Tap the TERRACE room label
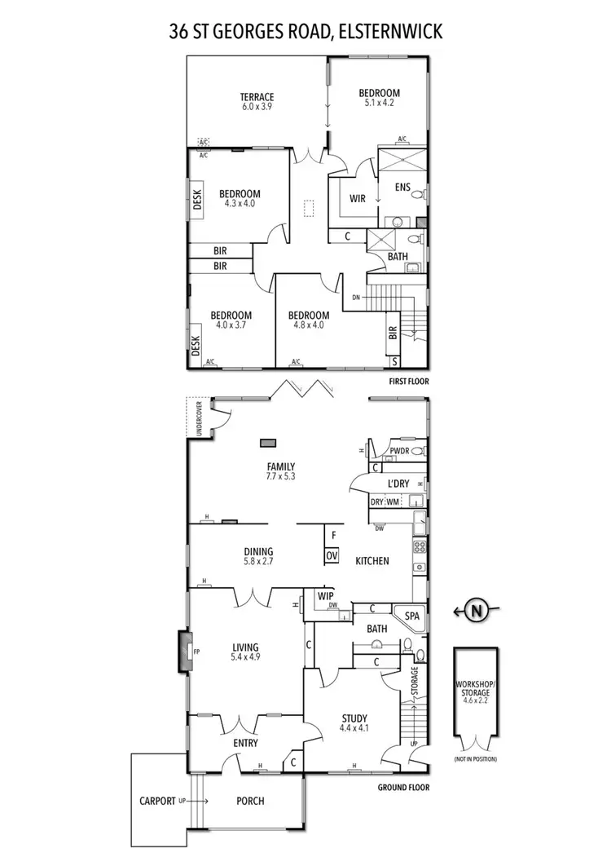[257, 97]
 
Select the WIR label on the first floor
[357, 198]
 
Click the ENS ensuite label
[402, 187]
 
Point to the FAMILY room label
[280, 467]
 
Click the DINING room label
[258, 551]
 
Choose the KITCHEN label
[371, 561]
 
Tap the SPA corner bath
[407, 616]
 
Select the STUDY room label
[355, 718]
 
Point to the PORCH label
[250, 801]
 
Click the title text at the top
[305, 32]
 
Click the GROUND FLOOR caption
[403, 788]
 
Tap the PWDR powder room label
[398, 450]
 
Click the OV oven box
[332, 555]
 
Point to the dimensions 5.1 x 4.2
[380, 104]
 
